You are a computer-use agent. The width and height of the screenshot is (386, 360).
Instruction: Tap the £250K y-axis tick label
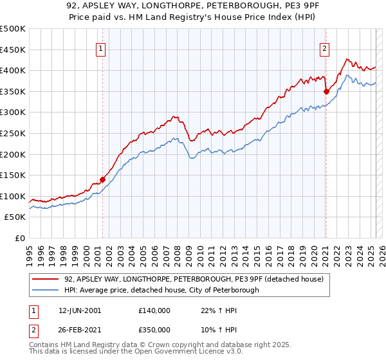pyautogui.click(x=14, y=134)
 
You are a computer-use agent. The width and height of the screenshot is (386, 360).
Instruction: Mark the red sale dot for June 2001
pyautogui.click(x=103, y=179)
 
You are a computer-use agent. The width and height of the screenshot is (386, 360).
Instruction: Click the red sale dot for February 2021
pyautogui.click(x=326, y=91)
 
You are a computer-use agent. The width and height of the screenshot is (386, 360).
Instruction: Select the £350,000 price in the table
pyautogui.click(x=154, y=329)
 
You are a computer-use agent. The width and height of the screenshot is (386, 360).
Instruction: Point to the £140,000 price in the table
pyautogui.click(x=154, y=310)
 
